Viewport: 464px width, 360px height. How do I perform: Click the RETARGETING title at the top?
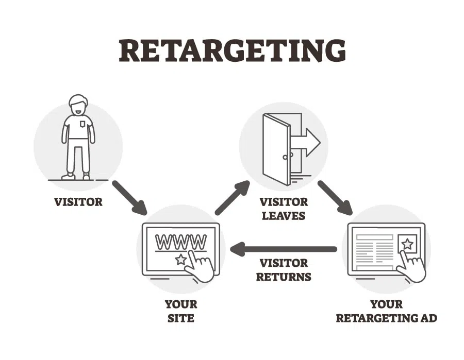click(232, 50)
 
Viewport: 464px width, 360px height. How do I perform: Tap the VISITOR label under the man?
click(78, 201)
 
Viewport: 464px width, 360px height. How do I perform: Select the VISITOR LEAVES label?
click(284, 208)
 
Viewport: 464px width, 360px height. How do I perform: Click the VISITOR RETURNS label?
click(284, 270)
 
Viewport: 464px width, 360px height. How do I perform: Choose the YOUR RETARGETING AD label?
click(386, 311)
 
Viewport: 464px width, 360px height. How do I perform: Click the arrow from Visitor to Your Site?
click(129, 197)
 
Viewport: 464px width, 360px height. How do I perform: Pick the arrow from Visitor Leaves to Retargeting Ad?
click(335, 197)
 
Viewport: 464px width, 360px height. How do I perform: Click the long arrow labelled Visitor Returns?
click(284, 250)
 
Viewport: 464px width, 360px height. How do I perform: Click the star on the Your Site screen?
click(180, 260)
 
